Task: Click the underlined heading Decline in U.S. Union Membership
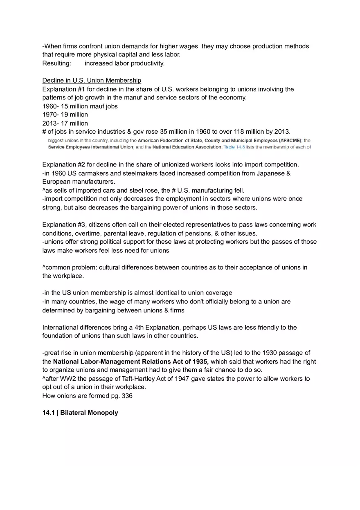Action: click(x=92, y=81)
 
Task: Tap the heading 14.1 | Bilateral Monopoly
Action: click(x=80, y=413)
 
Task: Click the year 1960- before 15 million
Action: click(x=51, y=106)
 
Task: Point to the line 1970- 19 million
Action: click(x=65, y=115)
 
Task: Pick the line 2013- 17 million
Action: click(x=65, y=124)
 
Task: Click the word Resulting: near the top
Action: click(x=56, y=63)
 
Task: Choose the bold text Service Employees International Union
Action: click(x=90, y=147)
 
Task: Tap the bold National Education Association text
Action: click(x=187, y=147)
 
